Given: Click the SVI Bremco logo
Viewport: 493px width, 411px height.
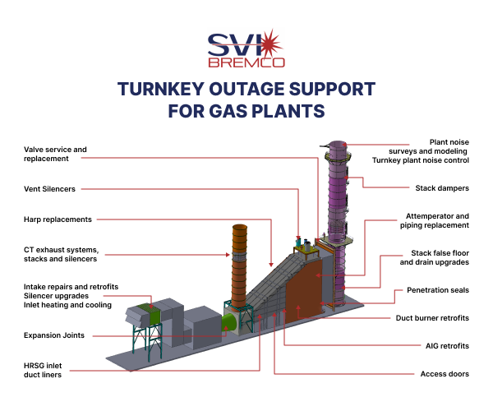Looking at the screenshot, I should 246,48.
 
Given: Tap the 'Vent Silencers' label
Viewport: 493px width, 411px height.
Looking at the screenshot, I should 50,188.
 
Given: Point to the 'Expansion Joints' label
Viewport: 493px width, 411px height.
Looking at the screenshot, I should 54,335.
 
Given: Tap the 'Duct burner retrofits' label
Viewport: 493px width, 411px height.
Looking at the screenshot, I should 432,317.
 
